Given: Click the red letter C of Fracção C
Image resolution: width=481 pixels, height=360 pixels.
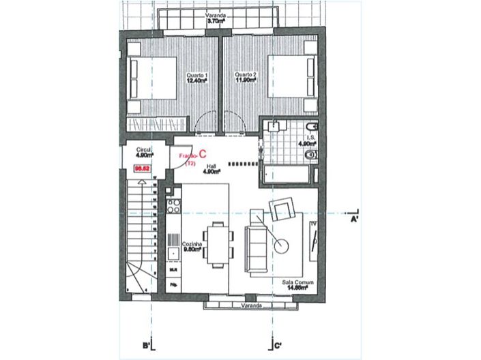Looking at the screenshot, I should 203,155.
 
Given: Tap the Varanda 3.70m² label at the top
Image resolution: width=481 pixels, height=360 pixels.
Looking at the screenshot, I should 218,18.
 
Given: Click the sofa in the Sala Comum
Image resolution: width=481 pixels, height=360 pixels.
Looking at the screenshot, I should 257,247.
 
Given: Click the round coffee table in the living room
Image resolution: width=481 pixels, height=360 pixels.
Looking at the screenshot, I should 280,242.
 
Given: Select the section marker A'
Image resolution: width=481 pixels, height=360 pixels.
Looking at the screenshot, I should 355,220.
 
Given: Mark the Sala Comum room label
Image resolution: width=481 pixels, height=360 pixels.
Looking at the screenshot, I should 296,284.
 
